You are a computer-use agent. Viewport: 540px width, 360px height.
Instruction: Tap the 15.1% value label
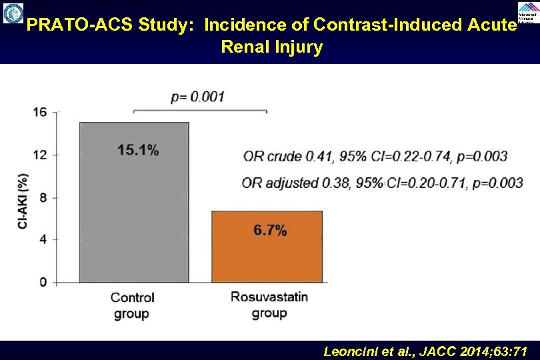point(138,150)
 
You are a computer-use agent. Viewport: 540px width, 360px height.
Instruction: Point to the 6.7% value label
point(270,231)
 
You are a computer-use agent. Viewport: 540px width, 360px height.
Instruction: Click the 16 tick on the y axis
point(40,112)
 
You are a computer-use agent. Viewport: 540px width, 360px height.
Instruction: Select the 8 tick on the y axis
point(42,197)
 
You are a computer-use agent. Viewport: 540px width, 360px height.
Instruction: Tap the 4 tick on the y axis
point(42,239)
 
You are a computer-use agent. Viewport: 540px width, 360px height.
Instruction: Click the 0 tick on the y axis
point(42,281)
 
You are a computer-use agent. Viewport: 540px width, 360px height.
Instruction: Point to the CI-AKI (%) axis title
point(23,201)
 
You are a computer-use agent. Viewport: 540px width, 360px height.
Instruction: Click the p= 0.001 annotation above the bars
point(198,97)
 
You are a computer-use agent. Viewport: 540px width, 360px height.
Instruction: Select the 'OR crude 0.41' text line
point(374,157)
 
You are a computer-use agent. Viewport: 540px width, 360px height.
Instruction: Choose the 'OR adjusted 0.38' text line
point(382,182)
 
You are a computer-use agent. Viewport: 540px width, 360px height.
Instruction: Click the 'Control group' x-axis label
point(132,305)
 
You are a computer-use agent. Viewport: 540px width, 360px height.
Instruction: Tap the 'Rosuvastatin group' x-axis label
point(269,305)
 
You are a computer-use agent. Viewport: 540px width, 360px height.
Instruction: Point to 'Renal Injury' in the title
point(271,47)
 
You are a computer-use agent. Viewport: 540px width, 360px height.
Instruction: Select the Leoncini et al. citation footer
point(425,351)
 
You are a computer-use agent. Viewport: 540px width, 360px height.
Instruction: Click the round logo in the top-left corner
point(13,14)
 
